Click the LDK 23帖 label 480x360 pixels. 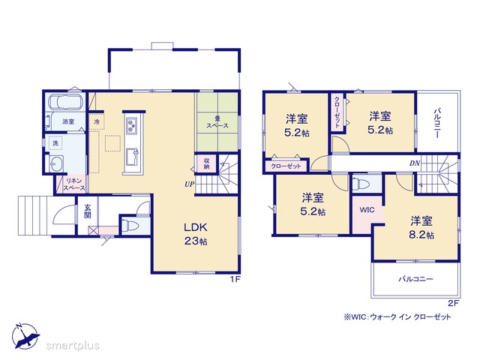pyautogui.click(x=196, y=234)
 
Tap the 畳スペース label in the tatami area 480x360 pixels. pyautogui.click(x=217, y=122)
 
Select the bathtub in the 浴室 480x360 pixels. pyautogui.click(x=66, y=102)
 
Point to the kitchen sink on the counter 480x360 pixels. pyautogui.click(x=132, y=156)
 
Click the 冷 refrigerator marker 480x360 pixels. pyautogui.click(x=97, y=121)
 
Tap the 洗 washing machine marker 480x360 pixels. pyautogui.click(x=55, y=142)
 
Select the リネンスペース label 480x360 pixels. pyautogui.click(x=74, y=184)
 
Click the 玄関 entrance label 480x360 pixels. pyautogui.click(x=88, y=211)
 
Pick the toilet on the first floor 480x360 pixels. pyautogui.click(x=130, y=226)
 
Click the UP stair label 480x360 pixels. pyautogui.click(x=190, y=184)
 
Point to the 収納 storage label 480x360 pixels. pyautogui.click(x=207, y=163)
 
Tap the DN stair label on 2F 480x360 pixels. pyautogui.click(x=415, y=163)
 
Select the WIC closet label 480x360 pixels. pyautogui.click(x=367, y=210)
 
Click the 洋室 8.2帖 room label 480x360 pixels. pyautogui.click(x=421, y=227)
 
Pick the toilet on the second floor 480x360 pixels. pyautogui.click(x=361, y=184)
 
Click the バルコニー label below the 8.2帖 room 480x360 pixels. pyautogui.click(x=415, y=279)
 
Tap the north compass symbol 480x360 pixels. pyautogui.click(x=25, y=336)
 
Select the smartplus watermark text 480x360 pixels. pyautogui.click(x=73, y=345)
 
